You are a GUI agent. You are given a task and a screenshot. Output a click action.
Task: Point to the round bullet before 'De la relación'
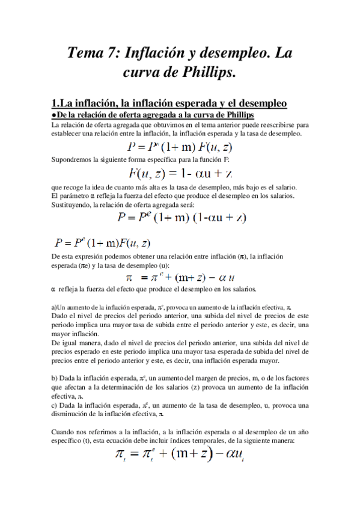53,115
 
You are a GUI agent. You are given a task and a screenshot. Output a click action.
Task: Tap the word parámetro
72,196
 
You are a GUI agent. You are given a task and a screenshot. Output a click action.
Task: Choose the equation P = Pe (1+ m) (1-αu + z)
182,217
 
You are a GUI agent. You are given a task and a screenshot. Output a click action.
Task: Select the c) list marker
55,404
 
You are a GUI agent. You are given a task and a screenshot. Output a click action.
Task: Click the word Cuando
64,432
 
